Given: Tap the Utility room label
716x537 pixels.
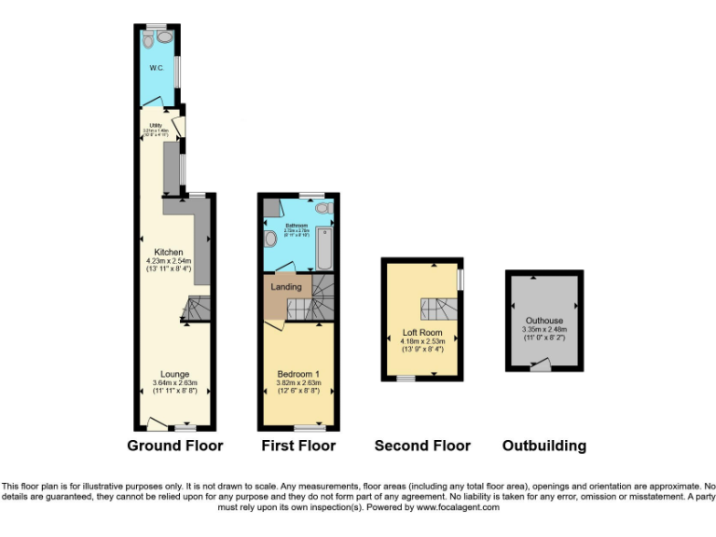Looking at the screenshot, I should [x=155, y=123].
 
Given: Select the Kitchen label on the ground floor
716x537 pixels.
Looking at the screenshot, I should [x=168, y=251].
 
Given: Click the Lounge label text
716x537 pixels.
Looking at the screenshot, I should [x=174, y=374].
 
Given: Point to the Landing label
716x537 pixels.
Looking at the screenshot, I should [x=286, y=286].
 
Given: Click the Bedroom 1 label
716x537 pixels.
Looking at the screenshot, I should [x=298, y=374].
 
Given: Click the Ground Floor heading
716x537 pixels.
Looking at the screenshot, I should [x=175, y=446].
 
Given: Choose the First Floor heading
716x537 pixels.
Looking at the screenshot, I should [x=298, y=446].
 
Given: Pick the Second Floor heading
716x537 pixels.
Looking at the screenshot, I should [x=422, y=446].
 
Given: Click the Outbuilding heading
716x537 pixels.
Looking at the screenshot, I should [x=544, y=446].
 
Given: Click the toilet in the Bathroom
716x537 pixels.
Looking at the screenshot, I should [x=270, y=239].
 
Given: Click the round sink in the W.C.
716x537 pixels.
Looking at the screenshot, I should [x=166, y=36].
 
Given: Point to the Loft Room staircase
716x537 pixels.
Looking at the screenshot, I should [x=438, y=309].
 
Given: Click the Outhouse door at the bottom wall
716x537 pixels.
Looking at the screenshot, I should [x=538, y=366].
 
